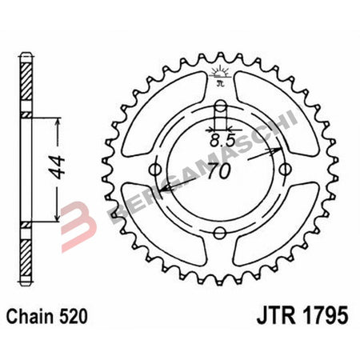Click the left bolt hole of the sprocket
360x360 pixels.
[x=155, y=169]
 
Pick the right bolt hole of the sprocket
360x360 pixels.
[x=285, y=169]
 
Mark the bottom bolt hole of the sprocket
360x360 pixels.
[x=220, y=234]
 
